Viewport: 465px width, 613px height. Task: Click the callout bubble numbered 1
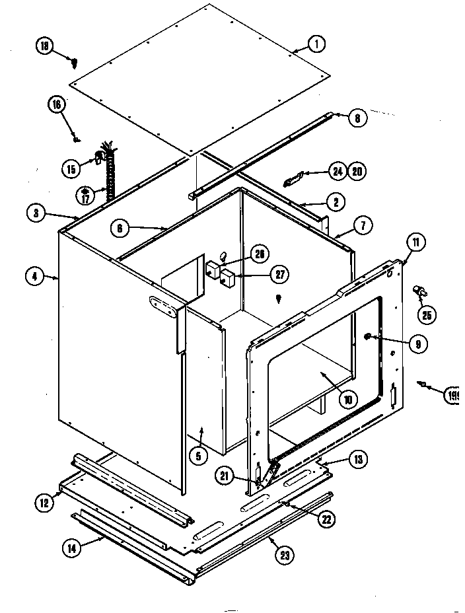[316, 45]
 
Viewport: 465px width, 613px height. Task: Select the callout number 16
[56, 104]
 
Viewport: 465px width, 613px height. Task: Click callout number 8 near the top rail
[356, 119]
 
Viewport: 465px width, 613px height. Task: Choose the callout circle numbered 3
[36, 213]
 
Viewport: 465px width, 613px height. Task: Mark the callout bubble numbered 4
[34, 277]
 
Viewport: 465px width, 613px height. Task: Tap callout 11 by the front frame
[417, 242]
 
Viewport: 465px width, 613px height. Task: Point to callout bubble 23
[284, 556]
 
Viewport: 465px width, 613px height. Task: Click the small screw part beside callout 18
[75, 63]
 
